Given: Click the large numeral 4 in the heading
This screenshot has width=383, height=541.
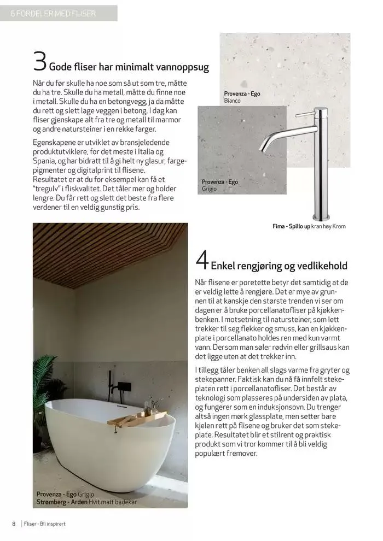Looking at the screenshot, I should (201, 261).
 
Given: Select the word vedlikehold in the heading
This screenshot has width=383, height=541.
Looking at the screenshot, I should (322, 266).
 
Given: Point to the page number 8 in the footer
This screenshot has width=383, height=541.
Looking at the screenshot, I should (14, 524).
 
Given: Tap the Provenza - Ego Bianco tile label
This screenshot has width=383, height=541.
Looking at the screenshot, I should (242, 97).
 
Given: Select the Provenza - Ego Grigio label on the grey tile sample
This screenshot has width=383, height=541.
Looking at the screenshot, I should (220, 185).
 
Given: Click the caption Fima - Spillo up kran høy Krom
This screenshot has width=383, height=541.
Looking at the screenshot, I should (309, 226).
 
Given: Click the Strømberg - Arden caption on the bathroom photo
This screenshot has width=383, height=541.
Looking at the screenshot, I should (86, 502).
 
